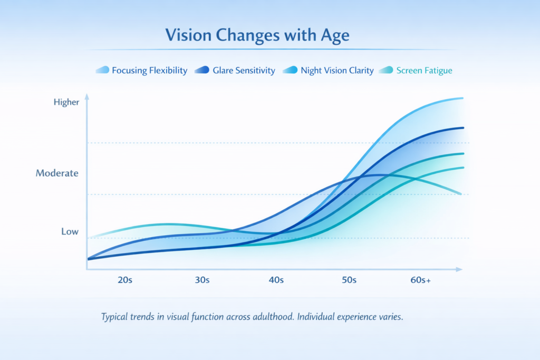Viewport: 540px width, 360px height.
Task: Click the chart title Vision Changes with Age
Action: (x=257, y=35)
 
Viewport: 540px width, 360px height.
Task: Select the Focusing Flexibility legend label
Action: (x=149, y=70)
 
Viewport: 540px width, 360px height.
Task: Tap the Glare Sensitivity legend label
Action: (x=244, y=70)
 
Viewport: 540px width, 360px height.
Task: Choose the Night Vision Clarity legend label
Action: (x=337, y=70)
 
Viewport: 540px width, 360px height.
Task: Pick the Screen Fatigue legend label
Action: (x=424, y=70)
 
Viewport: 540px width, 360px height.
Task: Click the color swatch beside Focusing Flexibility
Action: (x=102, y=70)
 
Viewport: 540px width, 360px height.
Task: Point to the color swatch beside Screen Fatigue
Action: (x=386, y=70)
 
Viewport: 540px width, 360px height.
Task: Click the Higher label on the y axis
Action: (x=66, y=102)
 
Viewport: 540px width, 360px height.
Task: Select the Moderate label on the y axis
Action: (x=57, y=173)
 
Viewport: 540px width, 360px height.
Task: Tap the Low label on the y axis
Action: (x=70, y=231)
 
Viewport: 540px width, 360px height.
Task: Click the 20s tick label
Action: (x=124, y=280)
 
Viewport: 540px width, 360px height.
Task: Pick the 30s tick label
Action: (x=202, y=280)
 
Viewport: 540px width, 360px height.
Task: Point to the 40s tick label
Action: (x=276, y=280)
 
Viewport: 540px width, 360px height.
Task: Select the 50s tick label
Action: (x=349, y=280)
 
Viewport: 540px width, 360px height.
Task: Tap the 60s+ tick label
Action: (x=421, y=280)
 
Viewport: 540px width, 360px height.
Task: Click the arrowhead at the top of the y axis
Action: (x=86, y=97)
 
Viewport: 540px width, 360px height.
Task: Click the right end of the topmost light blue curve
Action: (x=462, y=98)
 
